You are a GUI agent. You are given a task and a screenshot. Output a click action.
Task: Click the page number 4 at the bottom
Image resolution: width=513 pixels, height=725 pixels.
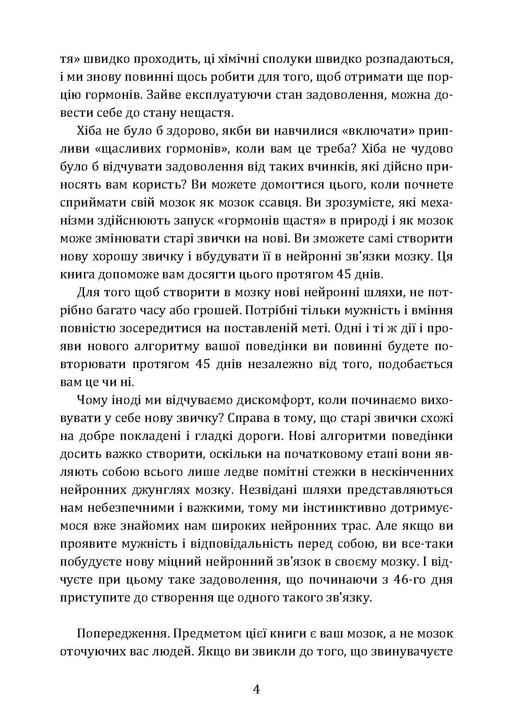point(256,689)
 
